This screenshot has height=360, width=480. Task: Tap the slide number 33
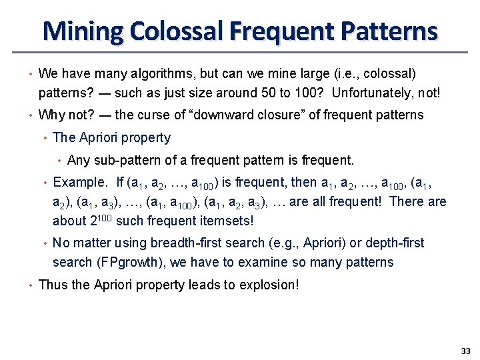465,351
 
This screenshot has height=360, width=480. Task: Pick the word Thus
53,285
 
